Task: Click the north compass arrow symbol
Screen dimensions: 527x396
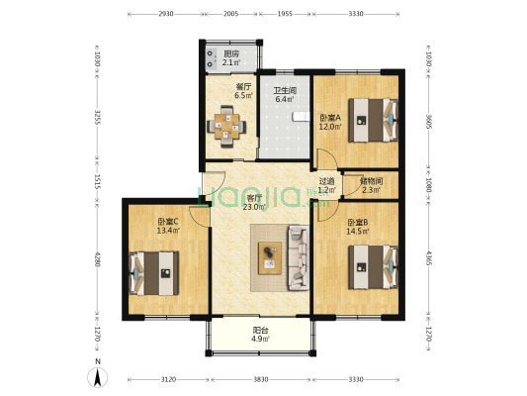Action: point(98,377)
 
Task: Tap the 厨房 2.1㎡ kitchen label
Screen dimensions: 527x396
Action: point(231,58)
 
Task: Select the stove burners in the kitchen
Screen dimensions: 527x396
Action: point(210,58)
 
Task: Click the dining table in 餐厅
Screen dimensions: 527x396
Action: point(226,127)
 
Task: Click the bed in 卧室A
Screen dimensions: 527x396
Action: point(373,120)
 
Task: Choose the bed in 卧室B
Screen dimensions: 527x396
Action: point(373,267)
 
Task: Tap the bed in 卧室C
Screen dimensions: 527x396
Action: point(154,273)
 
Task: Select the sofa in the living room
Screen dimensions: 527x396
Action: point(299,258)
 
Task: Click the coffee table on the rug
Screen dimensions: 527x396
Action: point(270,258)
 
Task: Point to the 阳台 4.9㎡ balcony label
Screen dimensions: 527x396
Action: point(260,335)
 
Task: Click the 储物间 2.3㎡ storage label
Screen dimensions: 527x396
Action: point(371,186)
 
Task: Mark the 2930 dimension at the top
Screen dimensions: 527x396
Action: point(166,14)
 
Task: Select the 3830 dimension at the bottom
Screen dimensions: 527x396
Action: point(261,379)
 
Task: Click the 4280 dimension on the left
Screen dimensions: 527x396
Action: point(98,259)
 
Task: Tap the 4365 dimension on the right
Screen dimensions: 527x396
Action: point(429,257)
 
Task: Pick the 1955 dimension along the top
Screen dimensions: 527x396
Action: point(285,14)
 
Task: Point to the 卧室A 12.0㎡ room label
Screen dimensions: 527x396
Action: point(330,122)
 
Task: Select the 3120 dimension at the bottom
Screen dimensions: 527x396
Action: point(168,379)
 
